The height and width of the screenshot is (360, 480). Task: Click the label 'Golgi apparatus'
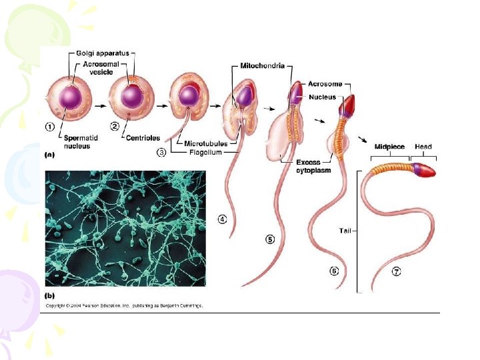pos(102,53)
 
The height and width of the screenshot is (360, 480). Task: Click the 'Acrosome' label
pos(325,84)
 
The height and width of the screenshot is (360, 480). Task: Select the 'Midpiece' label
pos(389,146)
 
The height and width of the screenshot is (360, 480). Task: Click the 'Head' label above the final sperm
pos(423,146)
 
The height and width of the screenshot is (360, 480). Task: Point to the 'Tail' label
pos(345,231)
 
